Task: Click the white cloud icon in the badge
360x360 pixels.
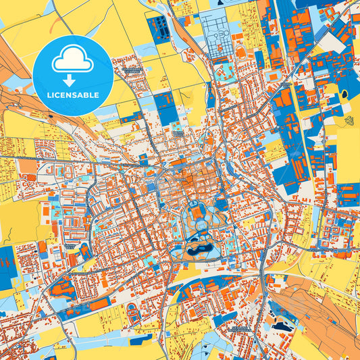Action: point(73,60)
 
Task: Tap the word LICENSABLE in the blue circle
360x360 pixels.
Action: point(73,95)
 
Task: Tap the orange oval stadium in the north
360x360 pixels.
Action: point(240,52)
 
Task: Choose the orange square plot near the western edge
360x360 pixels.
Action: point(27,166)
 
